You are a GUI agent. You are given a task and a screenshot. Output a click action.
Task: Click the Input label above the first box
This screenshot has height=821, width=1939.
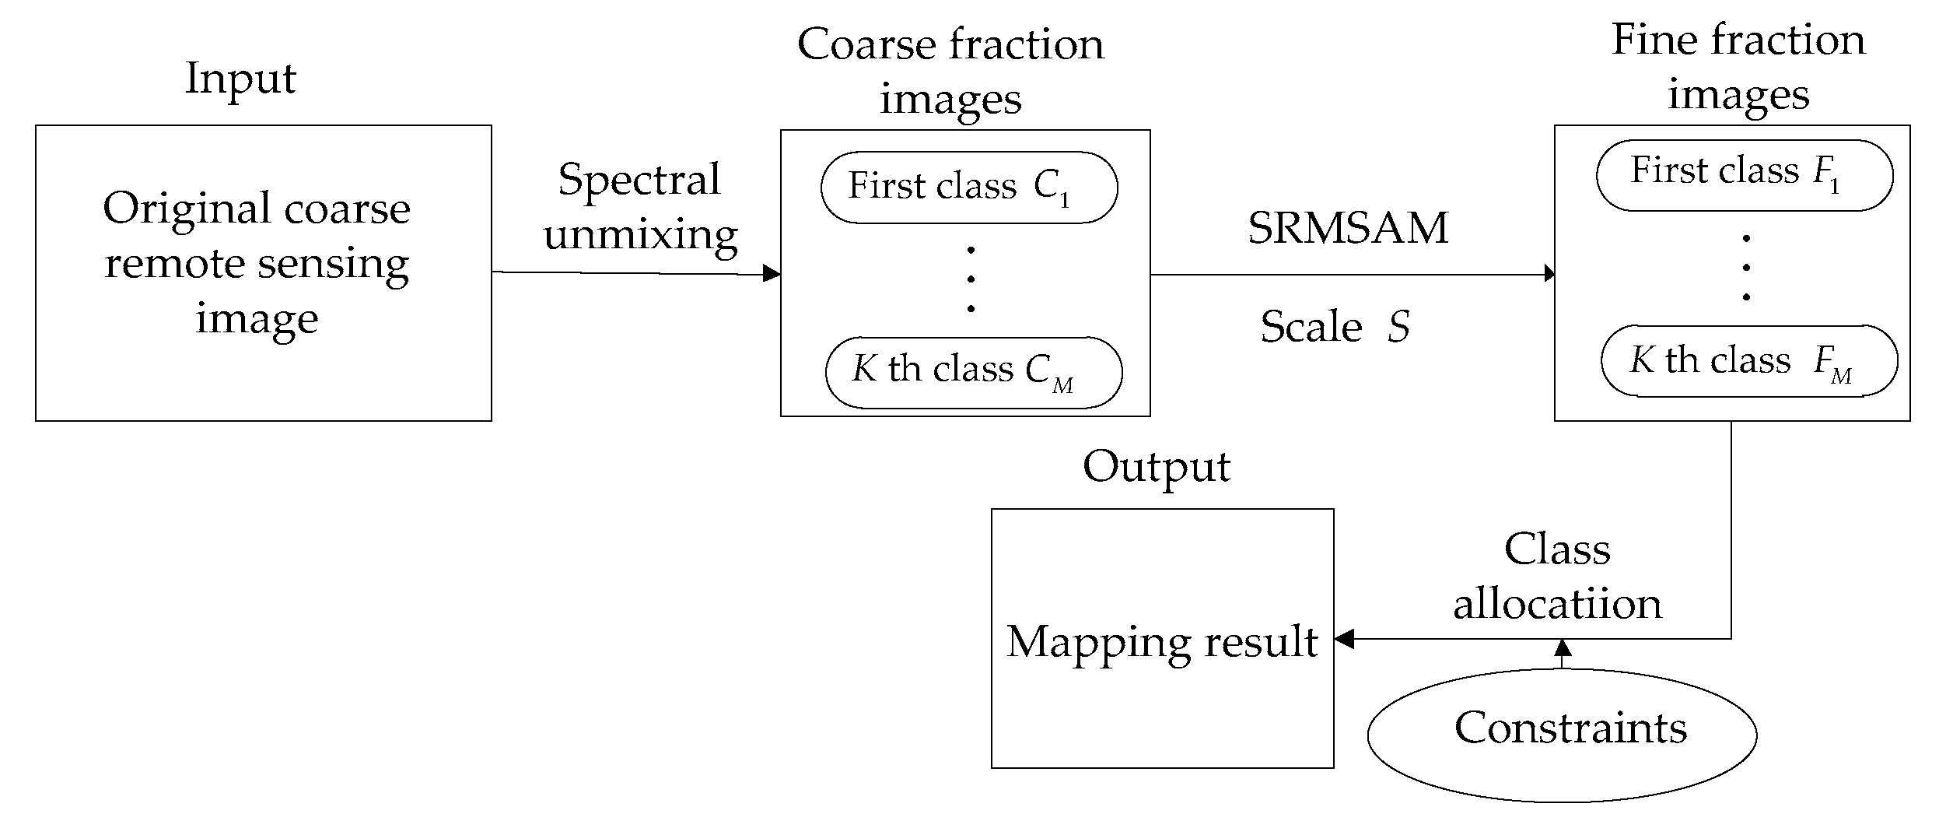[240, 79]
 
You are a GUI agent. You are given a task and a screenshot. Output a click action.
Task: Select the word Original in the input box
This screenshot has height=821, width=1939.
[187, 209]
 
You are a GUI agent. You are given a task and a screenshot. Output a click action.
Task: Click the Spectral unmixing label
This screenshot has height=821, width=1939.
[640, 207]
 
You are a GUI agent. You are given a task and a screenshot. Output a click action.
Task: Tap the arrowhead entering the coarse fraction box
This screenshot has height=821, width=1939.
[772, 273]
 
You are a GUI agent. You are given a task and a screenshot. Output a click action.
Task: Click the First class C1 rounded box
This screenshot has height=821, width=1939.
[968, 188]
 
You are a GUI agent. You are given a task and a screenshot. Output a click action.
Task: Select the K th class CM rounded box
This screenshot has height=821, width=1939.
[973, 372]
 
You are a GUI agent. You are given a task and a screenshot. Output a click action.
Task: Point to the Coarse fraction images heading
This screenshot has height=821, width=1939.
[950, 71]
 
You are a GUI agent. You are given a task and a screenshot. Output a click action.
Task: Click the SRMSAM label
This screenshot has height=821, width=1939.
[1348, 228]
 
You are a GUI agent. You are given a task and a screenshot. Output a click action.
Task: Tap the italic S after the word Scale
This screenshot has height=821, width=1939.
[1398, 326]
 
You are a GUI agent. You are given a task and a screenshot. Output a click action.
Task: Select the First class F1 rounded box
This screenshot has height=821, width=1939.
[1744, 175]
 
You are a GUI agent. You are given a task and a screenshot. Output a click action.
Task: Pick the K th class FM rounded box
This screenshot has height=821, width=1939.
[1748, 361]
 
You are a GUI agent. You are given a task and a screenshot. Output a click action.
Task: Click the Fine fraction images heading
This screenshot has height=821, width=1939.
[1738, 67]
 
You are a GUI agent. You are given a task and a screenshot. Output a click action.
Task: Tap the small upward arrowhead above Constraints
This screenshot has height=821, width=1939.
[1563, 647]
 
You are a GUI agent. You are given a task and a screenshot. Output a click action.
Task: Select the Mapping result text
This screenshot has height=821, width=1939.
[1162, 642]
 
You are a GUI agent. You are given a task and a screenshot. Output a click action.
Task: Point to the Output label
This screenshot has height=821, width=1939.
[1156, 468]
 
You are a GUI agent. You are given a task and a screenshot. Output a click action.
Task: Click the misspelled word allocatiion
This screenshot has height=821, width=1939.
[1557, 605]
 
